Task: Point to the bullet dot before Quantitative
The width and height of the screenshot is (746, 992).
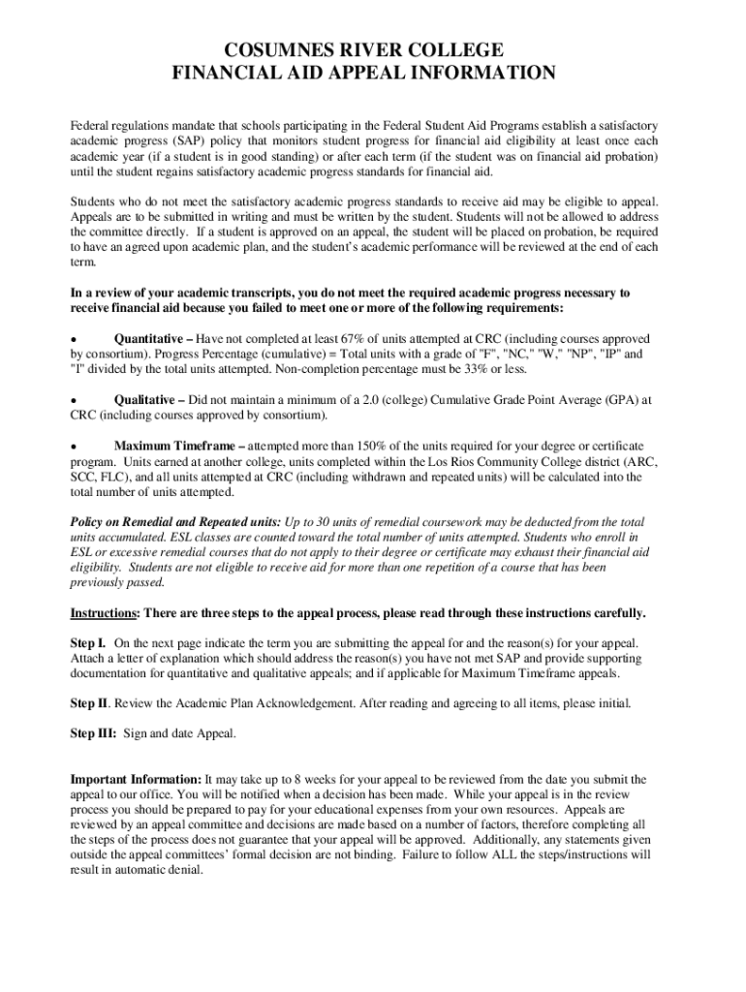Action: click(74, 340)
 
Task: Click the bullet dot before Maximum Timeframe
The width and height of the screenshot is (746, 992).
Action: click(74, 447)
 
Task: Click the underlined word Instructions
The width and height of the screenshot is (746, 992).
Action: click(105, 614)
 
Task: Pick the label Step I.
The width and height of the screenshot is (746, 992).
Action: click(88, 643)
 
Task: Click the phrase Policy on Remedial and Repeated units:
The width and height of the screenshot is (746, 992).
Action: click(175, 521)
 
